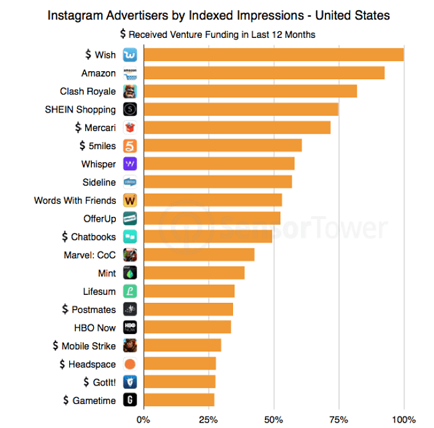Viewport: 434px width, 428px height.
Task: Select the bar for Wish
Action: (x=273, y=55)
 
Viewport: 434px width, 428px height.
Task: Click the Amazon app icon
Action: (x=130, y=73)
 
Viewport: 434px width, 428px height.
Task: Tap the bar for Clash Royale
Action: (x=250, y=91)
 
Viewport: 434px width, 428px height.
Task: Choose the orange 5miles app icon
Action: (x=130, y=146)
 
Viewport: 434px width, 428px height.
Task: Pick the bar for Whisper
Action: (x=218, y=164)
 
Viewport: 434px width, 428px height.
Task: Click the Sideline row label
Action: (x=99, y=182)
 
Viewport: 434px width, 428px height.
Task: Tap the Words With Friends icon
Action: (x=130, y=200)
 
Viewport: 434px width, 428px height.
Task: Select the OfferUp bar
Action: (x=212, y=218)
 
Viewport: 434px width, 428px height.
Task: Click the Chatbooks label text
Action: (x=93, y=237)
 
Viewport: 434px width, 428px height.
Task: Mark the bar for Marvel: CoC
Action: (x=198, y=255)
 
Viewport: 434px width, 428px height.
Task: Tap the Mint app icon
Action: (x=130, y=273)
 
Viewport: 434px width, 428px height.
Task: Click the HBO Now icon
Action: (x=130, y=327)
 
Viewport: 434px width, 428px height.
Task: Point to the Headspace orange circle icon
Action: (x=130, y=364)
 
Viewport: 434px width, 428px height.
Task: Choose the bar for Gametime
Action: (x=178, y=400)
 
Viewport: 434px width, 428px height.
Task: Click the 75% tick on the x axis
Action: (x=338, y=419)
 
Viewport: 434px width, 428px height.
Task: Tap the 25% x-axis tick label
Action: (x=208, y=419)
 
